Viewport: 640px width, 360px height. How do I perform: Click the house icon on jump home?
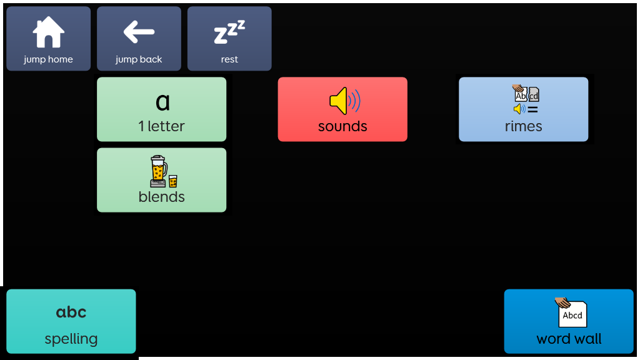49,32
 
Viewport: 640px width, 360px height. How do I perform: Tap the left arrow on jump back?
139,32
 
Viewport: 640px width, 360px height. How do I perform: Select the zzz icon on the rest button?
229,32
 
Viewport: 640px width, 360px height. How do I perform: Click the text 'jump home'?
49,59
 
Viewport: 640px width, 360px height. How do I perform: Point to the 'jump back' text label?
139,59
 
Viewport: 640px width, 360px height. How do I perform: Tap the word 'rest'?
229,59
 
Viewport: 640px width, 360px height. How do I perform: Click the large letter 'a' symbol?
162,101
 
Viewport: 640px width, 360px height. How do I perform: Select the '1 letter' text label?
162,126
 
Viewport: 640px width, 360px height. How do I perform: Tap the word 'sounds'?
342,126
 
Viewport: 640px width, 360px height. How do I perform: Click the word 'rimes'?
524,126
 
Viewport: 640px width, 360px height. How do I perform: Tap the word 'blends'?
162,197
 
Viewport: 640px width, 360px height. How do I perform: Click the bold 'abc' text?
71,312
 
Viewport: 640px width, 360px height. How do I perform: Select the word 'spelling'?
71,339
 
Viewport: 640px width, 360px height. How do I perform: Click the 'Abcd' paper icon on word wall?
572,314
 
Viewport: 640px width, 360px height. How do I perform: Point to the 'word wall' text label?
569,339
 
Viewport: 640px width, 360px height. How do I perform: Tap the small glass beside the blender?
173,181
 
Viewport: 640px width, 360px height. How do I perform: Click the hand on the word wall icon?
562,302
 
